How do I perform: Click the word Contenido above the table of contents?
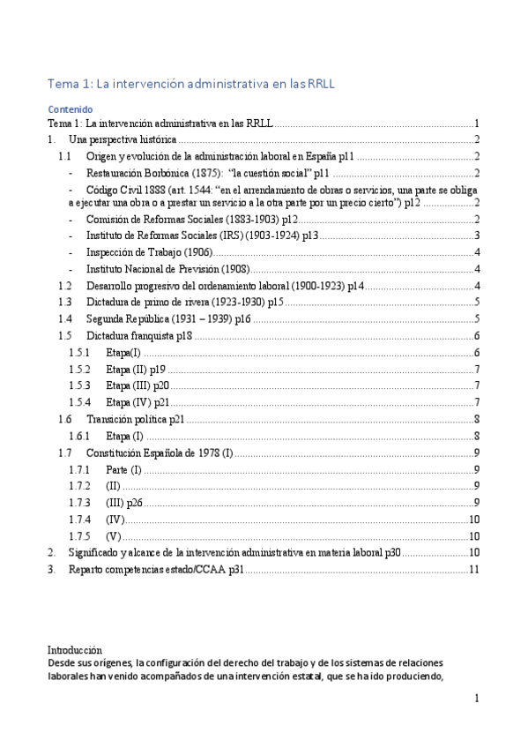pyautogui.click(x=68, y=109)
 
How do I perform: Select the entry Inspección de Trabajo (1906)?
pyautogui.click(x=149, y=252)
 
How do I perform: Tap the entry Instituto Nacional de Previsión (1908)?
pyautogui.click(x=167, y=269)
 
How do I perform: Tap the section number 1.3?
pyautogui.click(x=64, y=302)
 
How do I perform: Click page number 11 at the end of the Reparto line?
pyautogui.click(x=473, y=569)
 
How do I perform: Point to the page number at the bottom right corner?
pyautogui.click(x=476, y=699)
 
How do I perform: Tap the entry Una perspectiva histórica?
pyautogui.click(x=123, y=139)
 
